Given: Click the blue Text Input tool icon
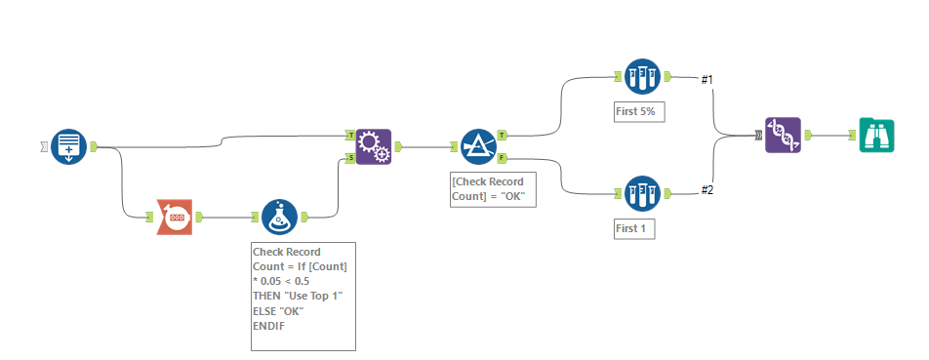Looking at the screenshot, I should pos(69,147).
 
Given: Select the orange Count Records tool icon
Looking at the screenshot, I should pos(177,217).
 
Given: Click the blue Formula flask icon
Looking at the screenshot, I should pos(280,217).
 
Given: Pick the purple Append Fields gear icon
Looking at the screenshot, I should pos(374,147).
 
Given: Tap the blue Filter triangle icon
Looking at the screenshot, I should pos(479,147).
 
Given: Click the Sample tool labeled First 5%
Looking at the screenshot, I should pos(643,76).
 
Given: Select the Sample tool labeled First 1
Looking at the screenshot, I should pos(643,192).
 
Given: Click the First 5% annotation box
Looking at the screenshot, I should pos(639,111).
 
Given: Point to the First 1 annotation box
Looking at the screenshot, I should pos(634,228).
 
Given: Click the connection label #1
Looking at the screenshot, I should pos(707,79).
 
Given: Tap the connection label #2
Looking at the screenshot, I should pos(707,189).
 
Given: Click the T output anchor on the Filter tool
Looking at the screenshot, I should pos(502,135).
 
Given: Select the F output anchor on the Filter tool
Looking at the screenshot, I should pos(502,157).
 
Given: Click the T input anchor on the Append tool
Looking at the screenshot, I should pos(350,136).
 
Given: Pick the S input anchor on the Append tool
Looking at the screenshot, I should pos(350,157).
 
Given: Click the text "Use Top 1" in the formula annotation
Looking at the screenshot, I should pos(300,296).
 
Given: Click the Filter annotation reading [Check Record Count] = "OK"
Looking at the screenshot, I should pos(487,188).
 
